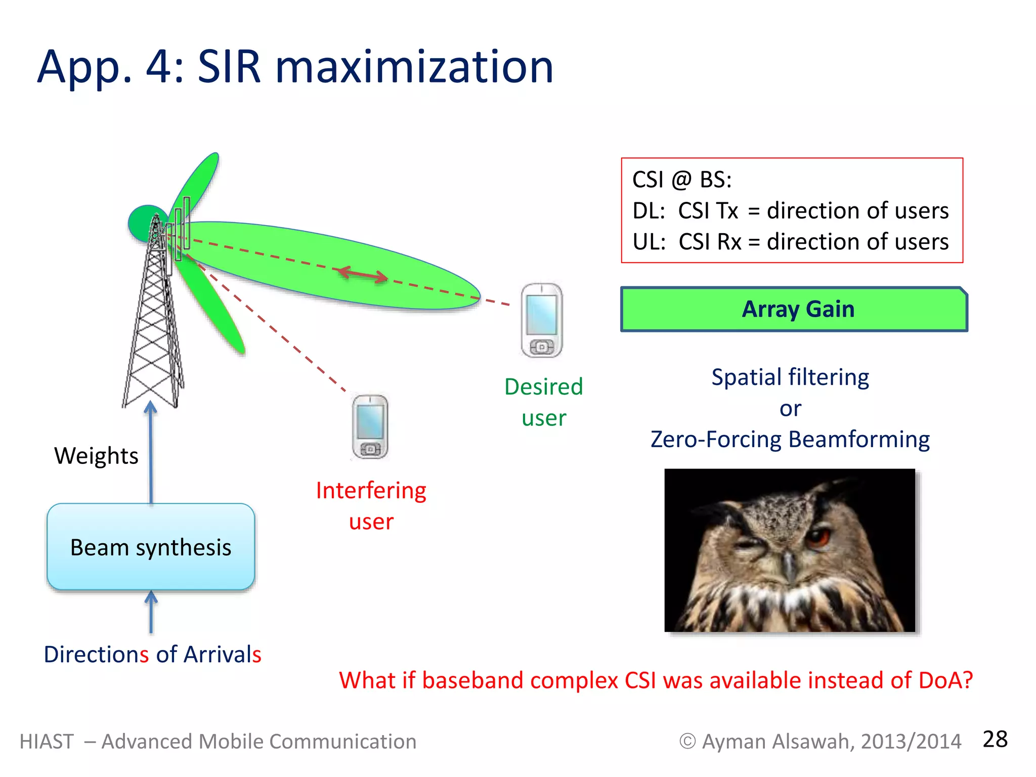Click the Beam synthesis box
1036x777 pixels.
pos(151,547)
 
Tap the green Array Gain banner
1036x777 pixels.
pos(794,309)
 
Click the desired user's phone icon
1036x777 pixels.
pos(542,321)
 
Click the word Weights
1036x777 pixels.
pos(96,456)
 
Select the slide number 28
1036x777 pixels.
pos(995,740)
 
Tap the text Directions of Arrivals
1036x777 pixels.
pos(152,655)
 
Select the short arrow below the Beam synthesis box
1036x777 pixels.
pos(151,613)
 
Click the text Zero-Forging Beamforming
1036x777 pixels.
pos(790,439)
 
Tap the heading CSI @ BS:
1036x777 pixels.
pos(682,180)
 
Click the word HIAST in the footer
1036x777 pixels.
pos(47,742)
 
